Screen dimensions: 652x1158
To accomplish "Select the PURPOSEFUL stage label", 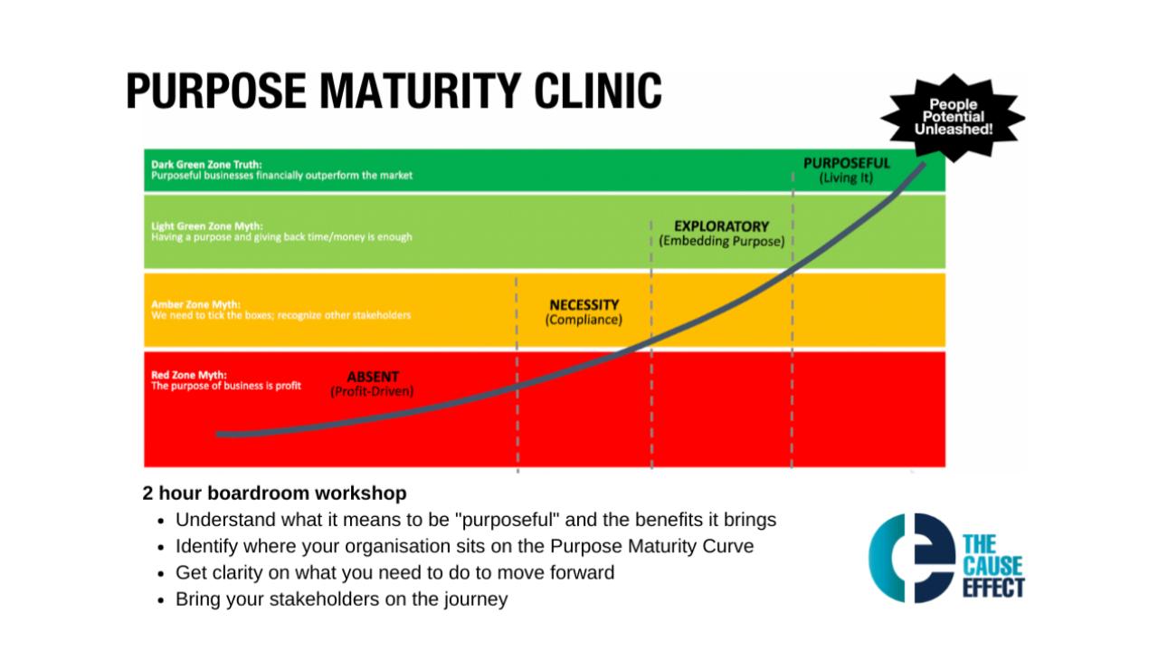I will point(846,163).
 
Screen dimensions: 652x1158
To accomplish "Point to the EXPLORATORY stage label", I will point(721,226).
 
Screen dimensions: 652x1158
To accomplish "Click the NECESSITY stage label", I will point(584,305).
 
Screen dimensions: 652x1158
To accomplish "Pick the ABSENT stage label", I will point(373,377).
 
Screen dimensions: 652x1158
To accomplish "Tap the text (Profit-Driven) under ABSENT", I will point(373,391).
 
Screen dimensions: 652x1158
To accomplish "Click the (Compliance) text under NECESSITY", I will point(584,321).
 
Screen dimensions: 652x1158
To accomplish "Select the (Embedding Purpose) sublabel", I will point(721,242).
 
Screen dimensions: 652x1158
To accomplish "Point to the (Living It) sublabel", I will point(846,178).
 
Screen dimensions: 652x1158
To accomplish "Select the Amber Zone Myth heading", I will point(189,305).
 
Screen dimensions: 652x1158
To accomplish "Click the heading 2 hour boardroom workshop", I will point(274,494).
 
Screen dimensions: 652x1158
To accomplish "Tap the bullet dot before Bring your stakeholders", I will point(161,600).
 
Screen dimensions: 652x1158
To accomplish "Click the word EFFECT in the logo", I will point(993,588).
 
